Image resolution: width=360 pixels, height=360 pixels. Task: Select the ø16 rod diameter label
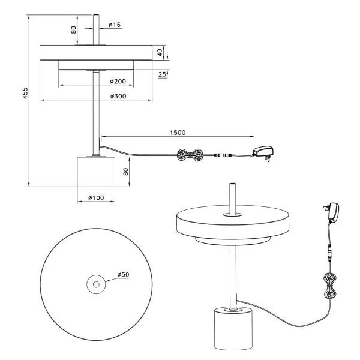pyautogui.click(x=115, y=25)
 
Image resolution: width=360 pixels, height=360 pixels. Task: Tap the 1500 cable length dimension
pyautogui.click(x=178, y=133)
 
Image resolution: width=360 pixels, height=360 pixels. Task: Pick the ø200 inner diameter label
pyautogui.click(x=118, y=81)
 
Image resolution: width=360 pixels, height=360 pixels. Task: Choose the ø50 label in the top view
pyautogui.click(x=123, y=274)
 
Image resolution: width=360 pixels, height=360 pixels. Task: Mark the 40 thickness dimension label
pyautogui.click(x=159, y=53)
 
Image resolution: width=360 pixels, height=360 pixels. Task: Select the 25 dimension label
pyautogui.click(x=162, y=74)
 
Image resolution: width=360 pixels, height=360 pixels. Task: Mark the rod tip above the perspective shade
pyautogui.click(x=232, y=183)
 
